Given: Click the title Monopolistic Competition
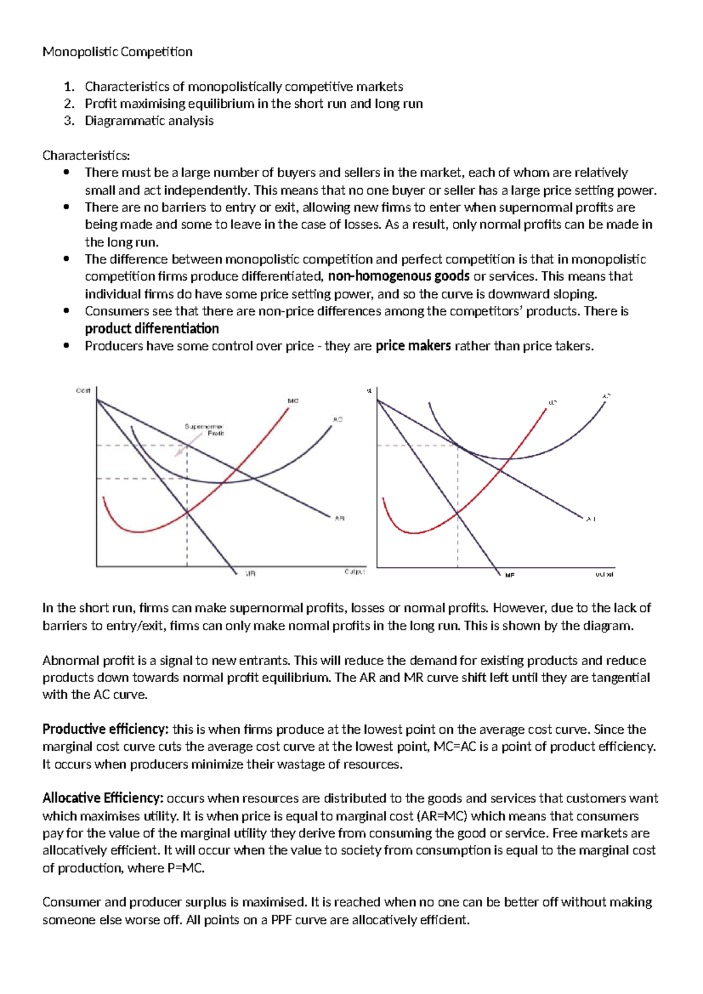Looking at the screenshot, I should (x=117, y=52).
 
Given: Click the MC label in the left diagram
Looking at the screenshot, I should (x=293, y=401).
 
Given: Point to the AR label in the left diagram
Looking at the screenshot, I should (x=339, y=518).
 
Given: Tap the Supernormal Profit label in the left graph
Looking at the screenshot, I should (x=204, y=430).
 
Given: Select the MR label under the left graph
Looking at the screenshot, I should (x=250, y=574).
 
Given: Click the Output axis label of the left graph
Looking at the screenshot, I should (x=354, y=571).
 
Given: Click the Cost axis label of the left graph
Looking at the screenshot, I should (x=83, y=391).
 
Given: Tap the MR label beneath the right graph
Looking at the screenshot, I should (x=510, y=576).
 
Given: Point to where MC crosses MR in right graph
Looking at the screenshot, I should (x=458, y=513).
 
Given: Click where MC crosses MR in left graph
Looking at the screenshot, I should (x=187, y=512).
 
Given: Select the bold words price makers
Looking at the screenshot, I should (x=413, y=346).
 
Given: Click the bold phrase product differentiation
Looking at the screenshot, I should (x=152, y=329).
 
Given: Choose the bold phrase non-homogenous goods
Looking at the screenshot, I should (x=398, y=277).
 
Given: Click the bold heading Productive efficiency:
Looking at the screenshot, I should (x=105, y=730).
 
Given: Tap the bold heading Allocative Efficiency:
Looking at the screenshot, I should (x=103, y=798).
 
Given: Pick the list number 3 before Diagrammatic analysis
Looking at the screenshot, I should (x=69, y=121).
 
